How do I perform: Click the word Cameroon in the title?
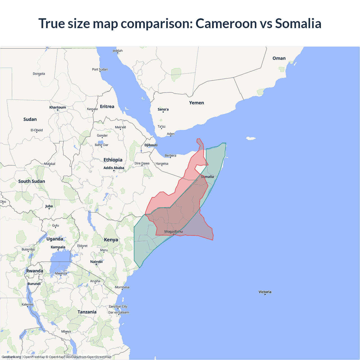click(x=226, y=24)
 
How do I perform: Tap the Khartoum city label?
click(x=58, y=107)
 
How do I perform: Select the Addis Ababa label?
click(x=114, y=168)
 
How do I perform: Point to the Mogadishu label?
click(x=173, y=232)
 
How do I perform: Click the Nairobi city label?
click(x=96, y=262)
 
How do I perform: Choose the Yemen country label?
click(x=196, y=103)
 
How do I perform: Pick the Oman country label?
click(x=279, y=58)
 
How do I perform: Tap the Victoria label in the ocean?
click(x=265, y=292)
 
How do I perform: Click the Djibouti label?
click(x=151, y=145)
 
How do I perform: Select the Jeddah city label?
click(x=118, y=51)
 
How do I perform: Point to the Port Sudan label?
click(x=100, y=69)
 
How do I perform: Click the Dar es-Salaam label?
click(x=119, y=312)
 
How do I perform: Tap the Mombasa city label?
click(x=122, y=287)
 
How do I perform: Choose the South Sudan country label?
click(x=31, y=181)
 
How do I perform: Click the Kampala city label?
click(x=58, y=247)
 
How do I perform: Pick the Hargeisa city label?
click(x=162, y=164)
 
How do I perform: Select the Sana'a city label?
click(x=163, y=109)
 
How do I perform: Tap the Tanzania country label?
click(x=87, y=312)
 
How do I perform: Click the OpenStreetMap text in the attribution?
click(x=99, y=357)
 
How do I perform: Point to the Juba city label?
click(x=49, y=206)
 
